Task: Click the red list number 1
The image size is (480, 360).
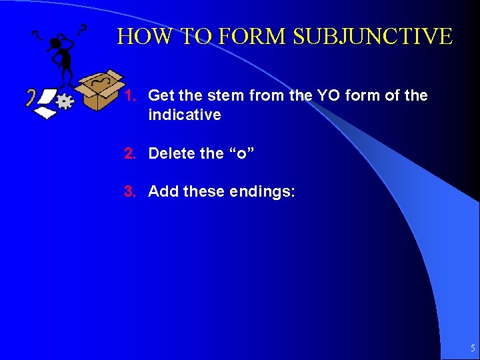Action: point(130,96)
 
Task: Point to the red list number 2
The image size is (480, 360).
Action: point(130,153)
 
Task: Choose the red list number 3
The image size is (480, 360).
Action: point(130,192)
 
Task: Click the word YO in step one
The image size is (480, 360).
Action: point(341,96)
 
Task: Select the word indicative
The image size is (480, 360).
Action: point(184,115)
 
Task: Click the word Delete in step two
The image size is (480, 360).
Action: point(172,153)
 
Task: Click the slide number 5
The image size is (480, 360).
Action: point(473,348)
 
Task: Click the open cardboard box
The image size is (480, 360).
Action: point(99,91)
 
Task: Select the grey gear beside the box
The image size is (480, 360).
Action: point(65,101)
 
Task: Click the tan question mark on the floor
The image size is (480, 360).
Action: point(30,97)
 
